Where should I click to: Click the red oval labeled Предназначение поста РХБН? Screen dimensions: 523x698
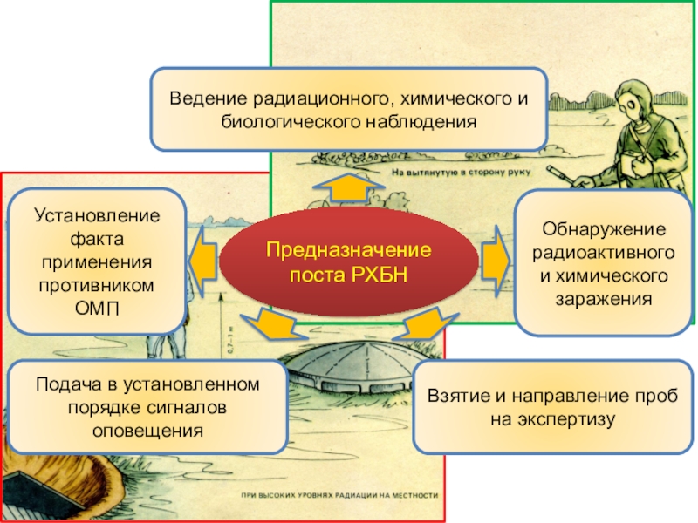(x=349, y=262)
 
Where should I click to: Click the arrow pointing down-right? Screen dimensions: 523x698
(x=425, y=324)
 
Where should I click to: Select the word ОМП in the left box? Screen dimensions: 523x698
(x=97, y=309)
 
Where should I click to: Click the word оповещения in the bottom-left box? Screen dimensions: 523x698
(x=147, y=431)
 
